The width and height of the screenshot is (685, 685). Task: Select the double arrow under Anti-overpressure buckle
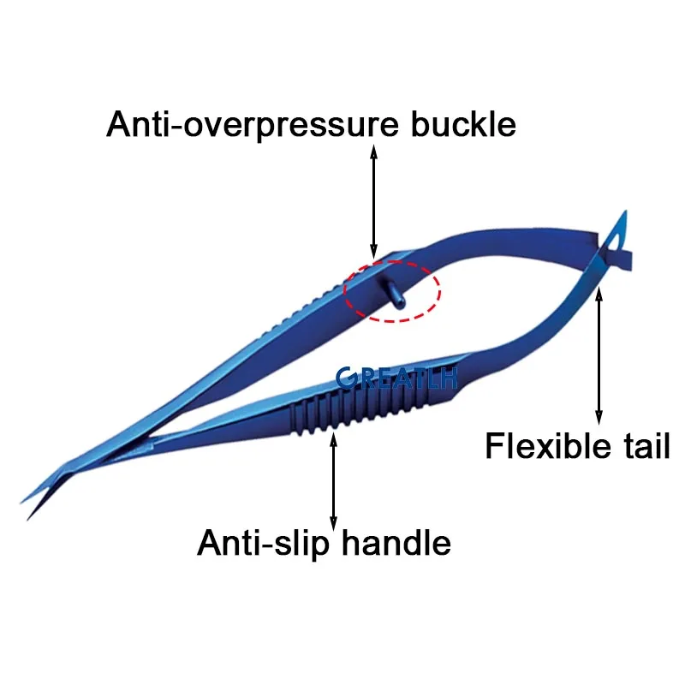click(x=373, y=200)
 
